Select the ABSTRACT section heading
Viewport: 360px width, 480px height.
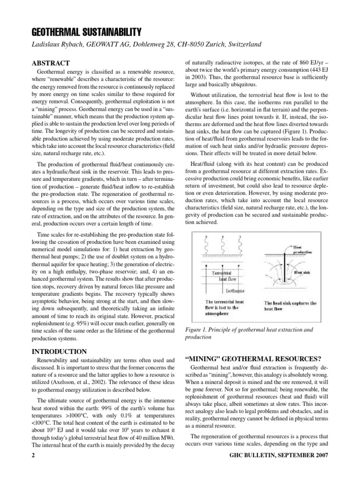tap(50, 63)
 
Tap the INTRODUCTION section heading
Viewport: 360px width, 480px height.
tap(59, 352)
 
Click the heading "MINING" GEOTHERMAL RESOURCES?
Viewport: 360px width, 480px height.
tap(254, 359)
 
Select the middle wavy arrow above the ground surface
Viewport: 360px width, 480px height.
tap(223, 244)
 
